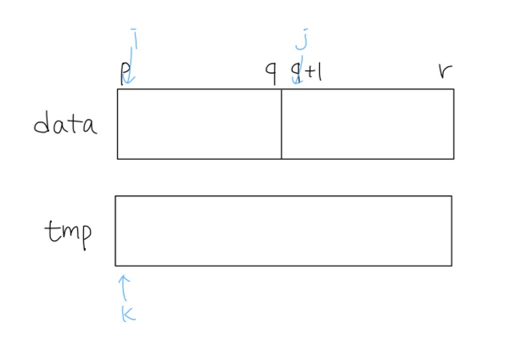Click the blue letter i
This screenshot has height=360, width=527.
click(x=134, y=38)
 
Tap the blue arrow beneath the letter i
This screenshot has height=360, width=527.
click(x=130, y=70)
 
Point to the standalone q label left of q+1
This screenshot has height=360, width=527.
click(x=271, y=74)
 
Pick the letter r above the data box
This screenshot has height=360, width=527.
click(x=444, y=71)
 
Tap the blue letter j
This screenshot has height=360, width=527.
click(x=301, y=39)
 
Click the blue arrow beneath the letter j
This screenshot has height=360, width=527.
click(x=297, y=70)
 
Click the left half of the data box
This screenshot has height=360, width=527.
click(x=199, y=124)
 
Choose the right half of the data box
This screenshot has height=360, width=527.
click(x=367, y=124)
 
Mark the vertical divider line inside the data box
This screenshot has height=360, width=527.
click(x=282, y=124)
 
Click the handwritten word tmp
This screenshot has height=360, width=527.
click(x=69, y=230)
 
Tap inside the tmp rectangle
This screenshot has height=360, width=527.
click(x=283, y=231)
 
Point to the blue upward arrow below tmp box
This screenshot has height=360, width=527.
click(x=124, y=286)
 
